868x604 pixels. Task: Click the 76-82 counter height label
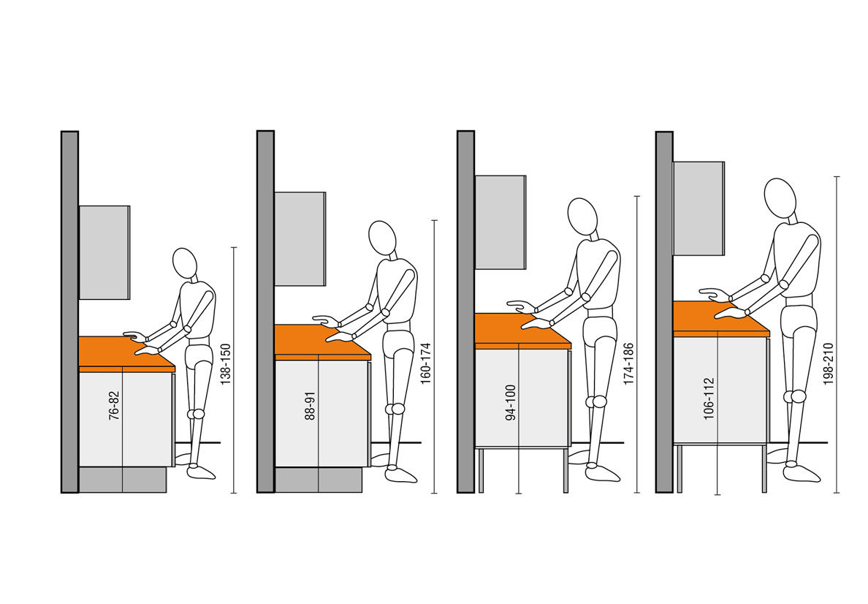point(113,405)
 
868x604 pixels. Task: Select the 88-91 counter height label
point(310,405)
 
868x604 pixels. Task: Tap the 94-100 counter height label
point(511,402)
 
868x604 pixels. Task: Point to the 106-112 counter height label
point(709,399)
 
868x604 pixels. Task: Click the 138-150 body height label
point(225,364)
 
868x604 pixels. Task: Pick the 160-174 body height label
point(425,363)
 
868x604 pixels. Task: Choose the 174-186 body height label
point(628,363)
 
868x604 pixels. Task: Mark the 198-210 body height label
point(828,363)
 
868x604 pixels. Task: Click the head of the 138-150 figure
point(185,263)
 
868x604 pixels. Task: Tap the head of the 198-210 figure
point(780,198)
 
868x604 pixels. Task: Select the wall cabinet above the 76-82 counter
point(104,253)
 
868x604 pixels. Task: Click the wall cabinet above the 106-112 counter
point(698,208)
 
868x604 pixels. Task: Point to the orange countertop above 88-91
point(322,342)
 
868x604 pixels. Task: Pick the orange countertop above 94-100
point(522,331)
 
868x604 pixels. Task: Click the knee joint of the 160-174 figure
point(397,409)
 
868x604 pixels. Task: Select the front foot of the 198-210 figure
point(802,472)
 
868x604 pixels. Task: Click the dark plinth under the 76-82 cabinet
point(123,480)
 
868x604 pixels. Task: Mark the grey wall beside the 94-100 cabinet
point(465,312)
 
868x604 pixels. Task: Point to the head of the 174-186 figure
point(582,216)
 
